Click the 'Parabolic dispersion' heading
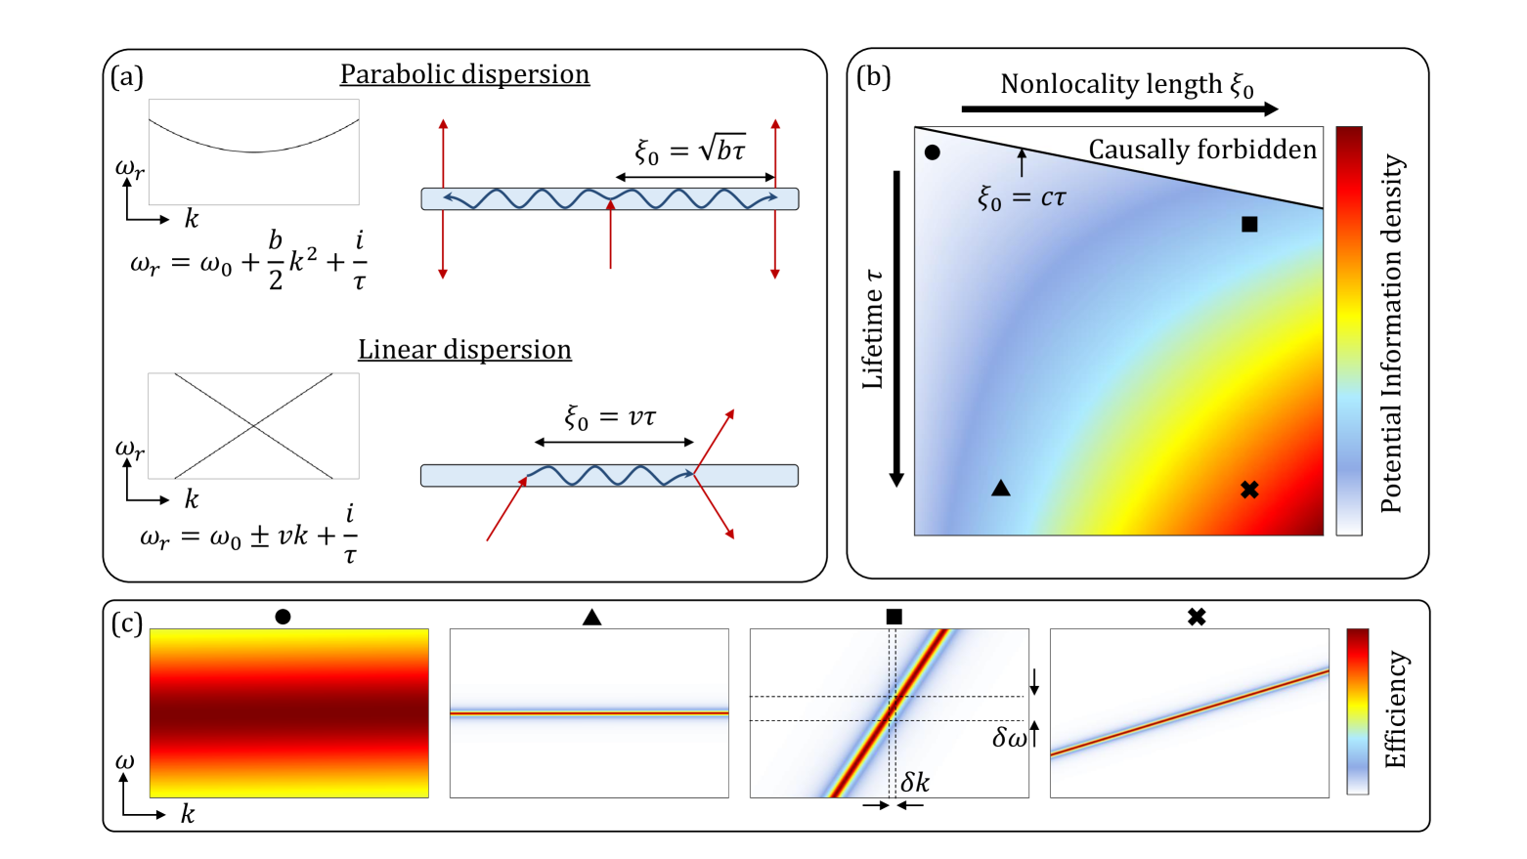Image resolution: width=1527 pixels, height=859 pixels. (x=464, y=75)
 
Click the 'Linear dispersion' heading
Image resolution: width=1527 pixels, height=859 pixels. (x=464, y=350)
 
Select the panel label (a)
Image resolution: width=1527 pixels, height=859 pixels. (x=127, y=77)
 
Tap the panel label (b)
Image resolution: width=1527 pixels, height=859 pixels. (x=873, y=77)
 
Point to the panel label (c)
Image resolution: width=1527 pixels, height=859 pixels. (x=127, y=623)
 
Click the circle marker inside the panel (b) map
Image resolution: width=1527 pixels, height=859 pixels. (x=932, y=152)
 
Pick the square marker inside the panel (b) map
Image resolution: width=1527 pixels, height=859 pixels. (x=1249, y=225)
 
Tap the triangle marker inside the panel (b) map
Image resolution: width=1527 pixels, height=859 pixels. (x=1000, y=488)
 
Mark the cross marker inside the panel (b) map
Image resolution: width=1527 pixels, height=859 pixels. (x=1249, y=490)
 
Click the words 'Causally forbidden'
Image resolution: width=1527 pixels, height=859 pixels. (x=1202, y=150)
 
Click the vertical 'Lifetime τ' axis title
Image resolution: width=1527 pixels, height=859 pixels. (x=872, y=329)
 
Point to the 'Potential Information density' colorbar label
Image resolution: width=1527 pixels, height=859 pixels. (x=1390, y=332)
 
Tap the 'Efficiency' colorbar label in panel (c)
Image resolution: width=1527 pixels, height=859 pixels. (x=1395, y=709)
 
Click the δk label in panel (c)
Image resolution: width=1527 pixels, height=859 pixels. (x=915, y=782)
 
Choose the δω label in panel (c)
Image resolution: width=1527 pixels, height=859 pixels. (x=1009, y=738)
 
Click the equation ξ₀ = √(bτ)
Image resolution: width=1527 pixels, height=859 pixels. (x=690, y=150)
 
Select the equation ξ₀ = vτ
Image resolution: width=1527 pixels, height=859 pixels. (x=610, y=417)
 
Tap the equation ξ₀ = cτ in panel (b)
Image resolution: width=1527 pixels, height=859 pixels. (x=1022, y=198)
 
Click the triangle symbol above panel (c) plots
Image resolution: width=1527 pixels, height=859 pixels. (x=591, y=617)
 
